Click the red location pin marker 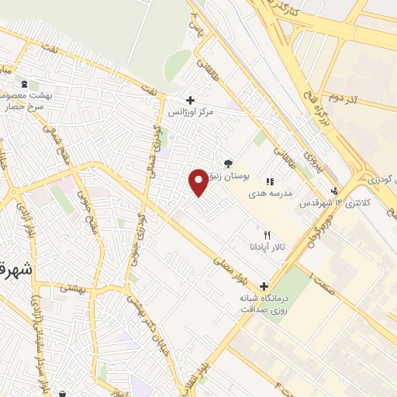click(198, 182)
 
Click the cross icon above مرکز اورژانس click(191, 100)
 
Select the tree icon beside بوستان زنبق click(229, 164)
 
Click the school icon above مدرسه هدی click(270, 181)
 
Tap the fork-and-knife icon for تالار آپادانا click(268, 234)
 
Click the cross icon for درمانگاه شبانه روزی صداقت click(264, 285)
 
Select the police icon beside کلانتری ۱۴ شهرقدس click(334, 191)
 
